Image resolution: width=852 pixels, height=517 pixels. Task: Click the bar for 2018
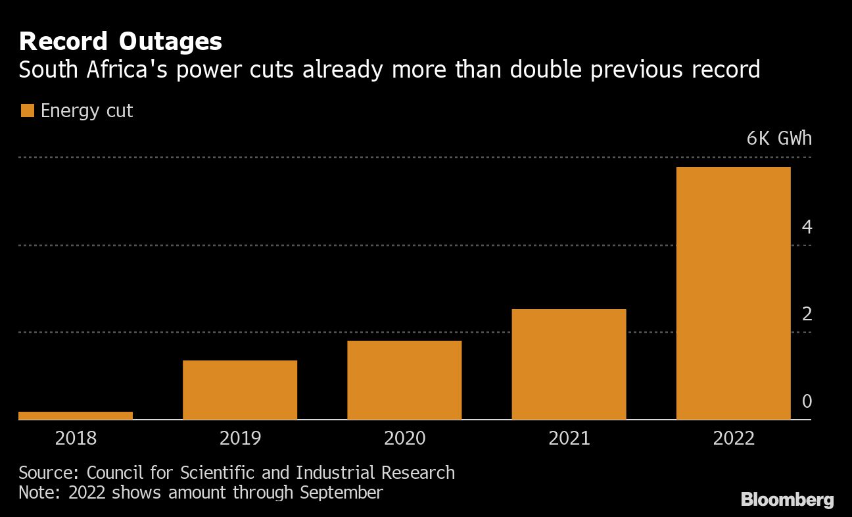point(76,415)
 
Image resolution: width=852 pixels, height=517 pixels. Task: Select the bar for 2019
point(240,389)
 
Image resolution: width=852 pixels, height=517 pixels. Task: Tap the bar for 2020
point(404,380)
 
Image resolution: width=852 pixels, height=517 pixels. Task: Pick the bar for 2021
point(569,364)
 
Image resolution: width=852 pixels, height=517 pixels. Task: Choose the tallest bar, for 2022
point(733,293)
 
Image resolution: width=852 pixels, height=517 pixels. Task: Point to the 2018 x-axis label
point(76,438)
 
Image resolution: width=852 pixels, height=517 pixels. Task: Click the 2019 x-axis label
point(240,438)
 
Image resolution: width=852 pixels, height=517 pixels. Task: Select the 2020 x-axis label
point(404,438)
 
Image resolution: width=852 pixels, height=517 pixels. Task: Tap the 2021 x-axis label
point(569,438)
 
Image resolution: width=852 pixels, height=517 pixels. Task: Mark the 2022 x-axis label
point(733,438)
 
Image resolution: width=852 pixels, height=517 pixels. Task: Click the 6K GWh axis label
point(779,139)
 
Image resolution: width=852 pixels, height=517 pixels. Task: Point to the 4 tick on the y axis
point(807,228)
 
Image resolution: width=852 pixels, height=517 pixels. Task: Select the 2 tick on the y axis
point(807,314)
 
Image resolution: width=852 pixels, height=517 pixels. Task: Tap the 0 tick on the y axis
point(807,401)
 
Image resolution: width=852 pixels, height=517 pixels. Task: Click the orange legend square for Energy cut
point(27,111)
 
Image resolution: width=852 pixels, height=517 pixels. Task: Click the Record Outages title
point(120,42)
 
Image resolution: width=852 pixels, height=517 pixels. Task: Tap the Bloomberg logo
point(787,500)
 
